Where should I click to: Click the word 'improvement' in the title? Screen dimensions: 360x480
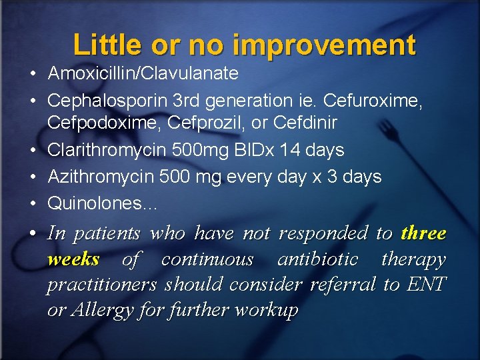pos(325,45)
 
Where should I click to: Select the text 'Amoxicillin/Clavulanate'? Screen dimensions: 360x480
pos(143,73)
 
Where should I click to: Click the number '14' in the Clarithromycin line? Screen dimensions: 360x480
pos(289,151)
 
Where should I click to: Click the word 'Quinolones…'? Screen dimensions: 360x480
pos(103,203)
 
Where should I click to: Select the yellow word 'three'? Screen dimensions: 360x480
pos(423,233)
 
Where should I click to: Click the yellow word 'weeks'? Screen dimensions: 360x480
pos(73,259)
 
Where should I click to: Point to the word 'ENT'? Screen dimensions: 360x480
pos(427,285)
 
